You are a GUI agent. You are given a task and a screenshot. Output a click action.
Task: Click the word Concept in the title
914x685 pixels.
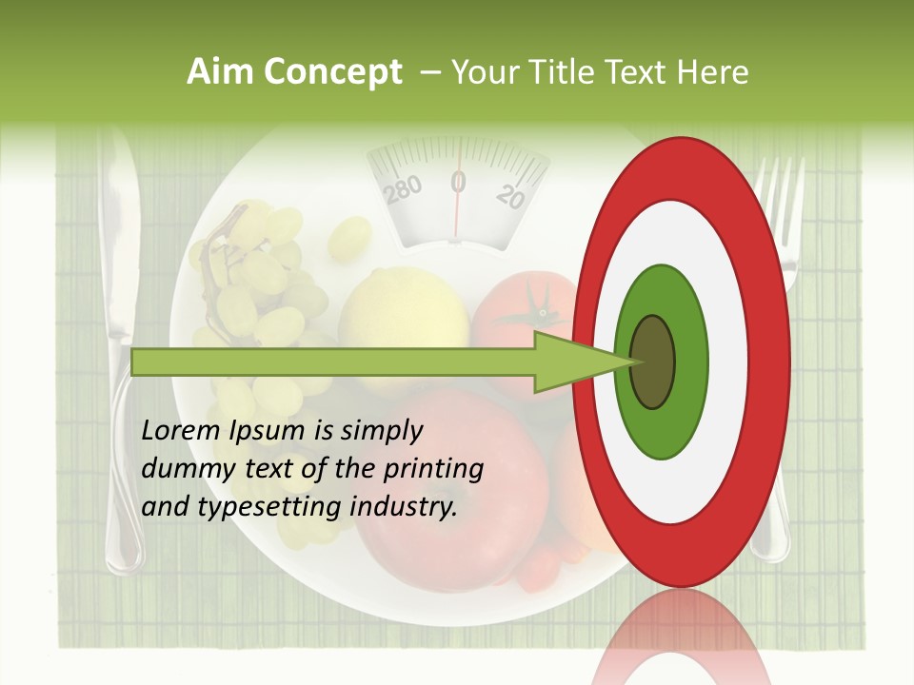click(332, 72)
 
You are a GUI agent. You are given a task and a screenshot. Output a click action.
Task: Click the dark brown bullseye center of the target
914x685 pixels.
click(652, 362)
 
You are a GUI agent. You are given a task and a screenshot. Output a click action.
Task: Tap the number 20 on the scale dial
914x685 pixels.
click(511, 196)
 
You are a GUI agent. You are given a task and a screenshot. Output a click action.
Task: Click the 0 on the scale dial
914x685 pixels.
click(458, 182)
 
